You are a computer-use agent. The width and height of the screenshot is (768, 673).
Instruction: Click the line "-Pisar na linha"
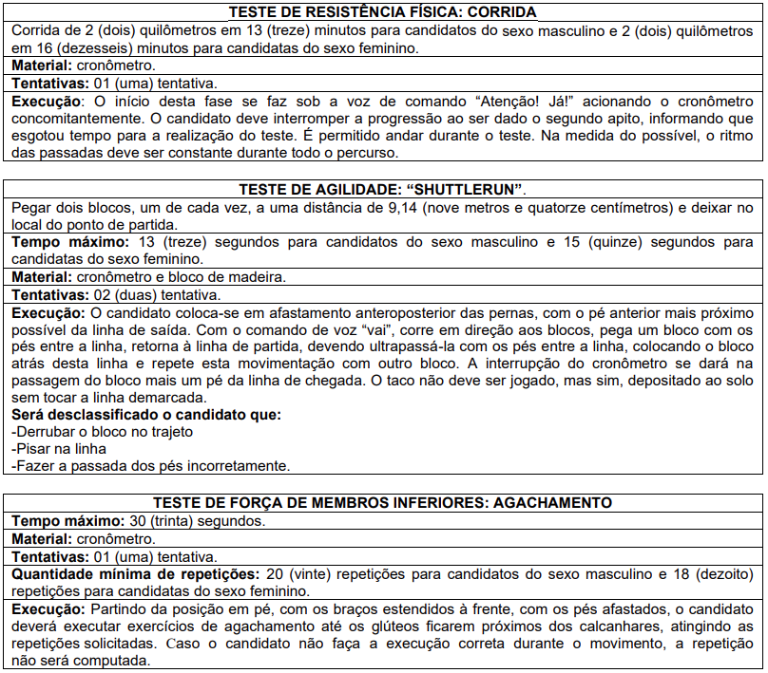click(58, 449)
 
